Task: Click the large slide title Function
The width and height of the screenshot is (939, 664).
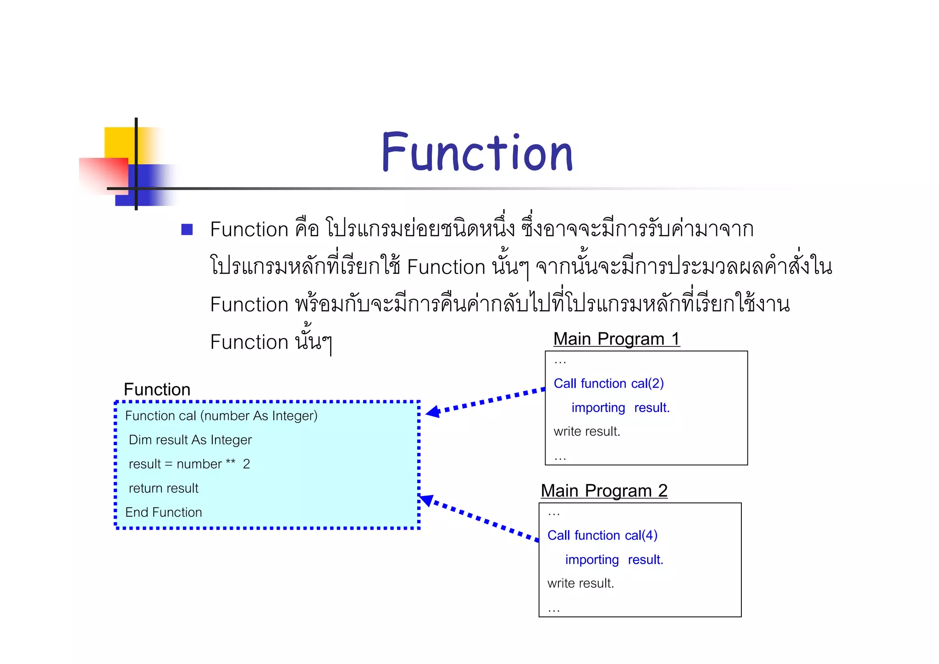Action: [477, 152]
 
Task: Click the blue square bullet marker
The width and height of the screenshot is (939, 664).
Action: [187, 229]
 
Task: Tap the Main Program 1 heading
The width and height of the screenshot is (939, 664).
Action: [616, 339]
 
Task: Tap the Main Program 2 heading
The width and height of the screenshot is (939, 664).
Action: [604, 491]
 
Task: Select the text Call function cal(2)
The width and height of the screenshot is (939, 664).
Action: [608, 384]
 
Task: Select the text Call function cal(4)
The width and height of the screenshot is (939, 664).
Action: [602, 536]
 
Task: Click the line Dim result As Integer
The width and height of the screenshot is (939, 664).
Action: [190, 440]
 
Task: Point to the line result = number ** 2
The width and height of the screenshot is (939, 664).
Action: [189, 464]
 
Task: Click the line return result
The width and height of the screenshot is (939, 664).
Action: [163, 488]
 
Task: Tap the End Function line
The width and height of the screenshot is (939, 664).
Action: [163, 513]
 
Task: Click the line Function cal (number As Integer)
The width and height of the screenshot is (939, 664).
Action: [221, 416]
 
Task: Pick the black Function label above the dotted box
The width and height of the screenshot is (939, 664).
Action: [157, 390]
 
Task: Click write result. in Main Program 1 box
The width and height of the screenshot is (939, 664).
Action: [586, 432]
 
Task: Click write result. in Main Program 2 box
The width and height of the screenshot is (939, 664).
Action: [580, 584]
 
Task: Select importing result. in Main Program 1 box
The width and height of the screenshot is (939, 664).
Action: [620, 408]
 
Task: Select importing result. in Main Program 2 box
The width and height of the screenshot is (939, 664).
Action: [614, 560]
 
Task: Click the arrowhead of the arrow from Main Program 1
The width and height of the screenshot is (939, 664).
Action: [432, 412]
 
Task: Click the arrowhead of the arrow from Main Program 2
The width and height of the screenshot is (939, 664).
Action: [426, 500]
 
